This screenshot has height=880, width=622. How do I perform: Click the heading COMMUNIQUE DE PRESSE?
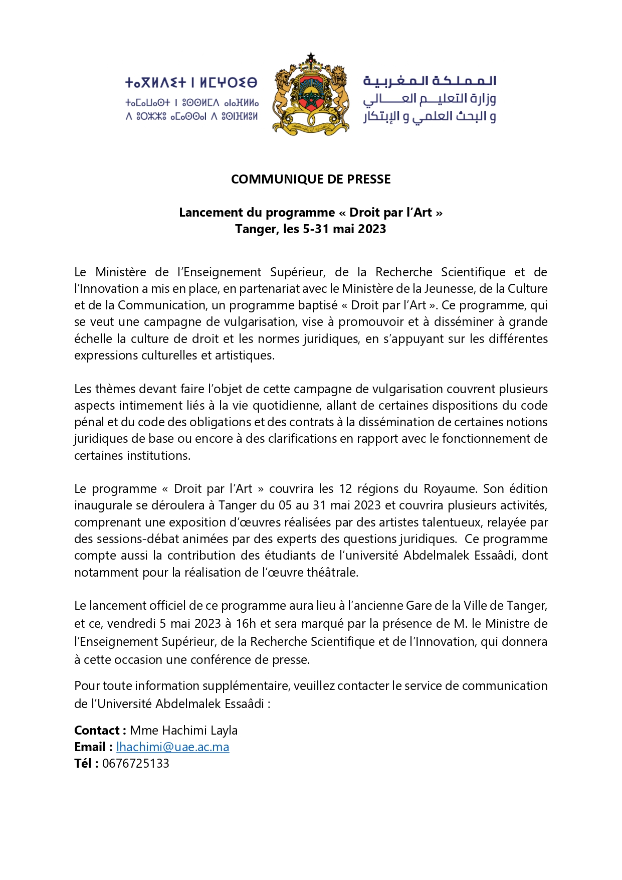pyautogui.click(x=311, y=180)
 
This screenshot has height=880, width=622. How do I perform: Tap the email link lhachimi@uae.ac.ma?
pyautogui.click(x=172, y=747)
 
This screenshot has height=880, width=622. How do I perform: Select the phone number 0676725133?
pyautogui.click(x=136, y=763)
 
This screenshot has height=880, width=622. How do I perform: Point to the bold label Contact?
pyautogui.click(x=98, y=730)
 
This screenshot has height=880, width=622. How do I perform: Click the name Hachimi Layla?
pyautogui.click(x=199, y=730)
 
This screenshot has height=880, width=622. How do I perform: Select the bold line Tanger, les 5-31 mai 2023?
pyautogui.click(x=311, y=229)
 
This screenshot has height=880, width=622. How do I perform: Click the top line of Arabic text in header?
pyautogui.click(x=430, y=81)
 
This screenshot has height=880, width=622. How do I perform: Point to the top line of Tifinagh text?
pyautogui.click(x=191, y=82)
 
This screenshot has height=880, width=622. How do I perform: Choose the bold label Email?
pyautogui.click(x=91, y=747)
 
